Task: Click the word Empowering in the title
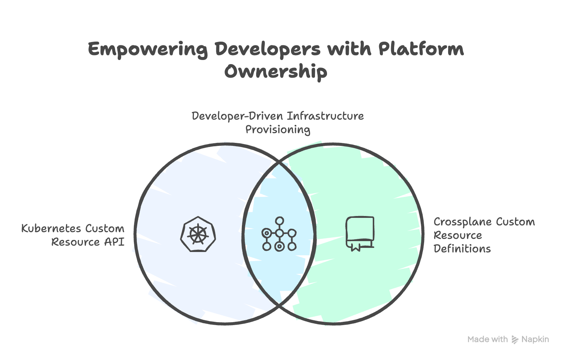tap(147, 49)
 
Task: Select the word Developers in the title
tap(268, 49)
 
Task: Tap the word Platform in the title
tap(421, 49)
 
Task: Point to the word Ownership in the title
tap(276, 71)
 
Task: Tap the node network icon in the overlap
tap(279, 234)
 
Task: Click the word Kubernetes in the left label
tap(51, 228)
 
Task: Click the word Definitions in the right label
tap(462, 249)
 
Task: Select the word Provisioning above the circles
tap(277, 130)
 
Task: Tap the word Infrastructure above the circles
tap(325, 116)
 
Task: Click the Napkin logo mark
tap(515, 340)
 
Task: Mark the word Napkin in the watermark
tap(535, 339)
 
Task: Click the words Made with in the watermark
tap(487, 339)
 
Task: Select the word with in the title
tap(349, 49)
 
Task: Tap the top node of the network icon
tap(279, 221)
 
